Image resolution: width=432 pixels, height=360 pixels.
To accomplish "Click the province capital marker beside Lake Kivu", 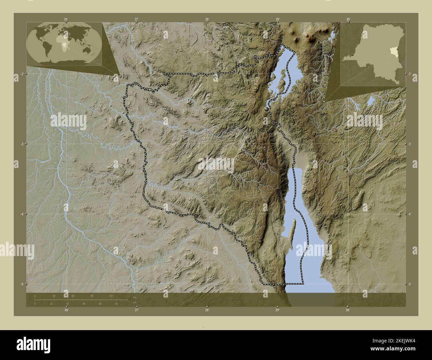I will coord(266,109).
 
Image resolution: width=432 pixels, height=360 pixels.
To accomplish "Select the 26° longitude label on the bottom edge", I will coord(66,310).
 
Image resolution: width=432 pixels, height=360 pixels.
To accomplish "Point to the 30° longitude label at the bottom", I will coord(348,310).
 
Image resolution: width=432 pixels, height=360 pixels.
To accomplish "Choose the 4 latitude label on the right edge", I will coord(410,214).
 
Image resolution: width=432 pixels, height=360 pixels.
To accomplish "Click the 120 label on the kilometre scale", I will coord(111,296).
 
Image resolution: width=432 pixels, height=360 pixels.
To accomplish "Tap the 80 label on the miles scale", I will coord(116,304).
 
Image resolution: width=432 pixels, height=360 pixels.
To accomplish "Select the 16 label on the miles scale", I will coord(51,304).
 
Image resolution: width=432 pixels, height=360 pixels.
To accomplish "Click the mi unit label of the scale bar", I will coord(134,302).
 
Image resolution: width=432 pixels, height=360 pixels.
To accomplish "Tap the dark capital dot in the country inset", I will coord(351,54).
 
